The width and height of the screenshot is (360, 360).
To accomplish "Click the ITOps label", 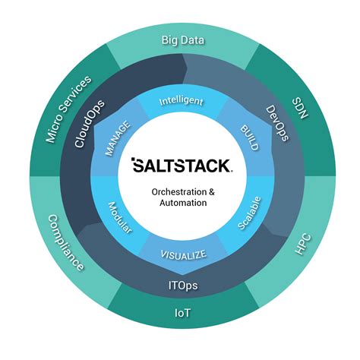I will (180, 288).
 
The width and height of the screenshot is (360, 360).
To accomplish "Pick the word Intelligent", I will (180, 100).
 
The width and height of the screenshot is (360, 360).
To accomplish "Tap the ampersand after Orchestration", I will (211, 192).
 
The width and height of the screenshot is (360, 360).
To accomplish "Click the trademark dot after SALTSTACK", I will (229, 170).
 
